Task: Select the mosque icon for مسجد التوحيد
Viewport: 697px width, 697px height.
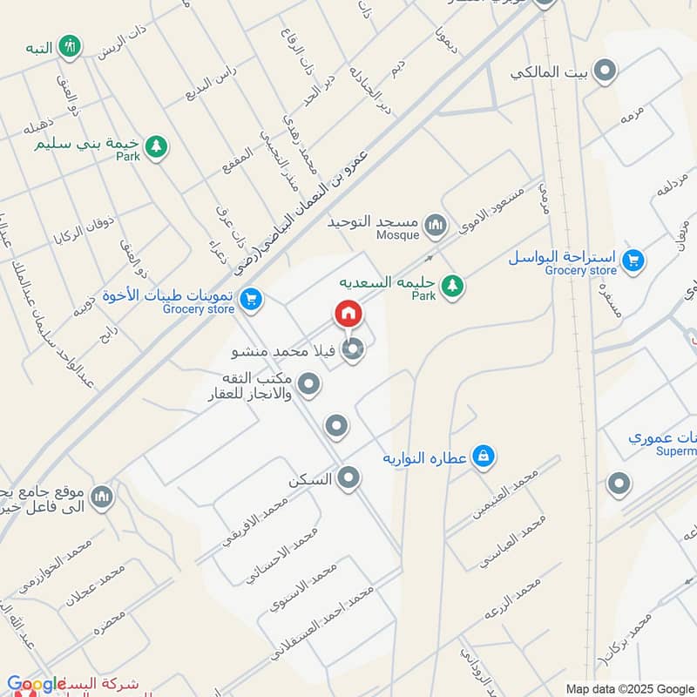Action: [435, 228]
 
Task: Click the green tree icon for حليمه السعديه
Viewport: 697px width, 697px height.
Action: [451, 285]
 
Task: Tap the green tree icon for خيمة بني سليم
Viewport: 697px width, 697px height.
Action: [155, 146]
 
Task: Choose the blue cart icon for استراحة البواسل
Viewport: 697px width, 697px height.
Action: [633, 260]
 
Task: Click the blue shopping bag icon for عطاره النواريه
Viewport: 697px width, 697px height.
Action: [484, 456]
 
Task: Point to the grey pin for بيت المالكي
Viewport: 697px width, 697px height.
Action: [603, 71]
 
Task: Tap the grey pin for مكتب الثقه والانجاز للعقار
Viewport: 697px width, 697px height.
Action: [308, 383]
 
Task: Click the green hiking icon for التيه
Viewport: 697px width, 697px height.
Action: [70, 46]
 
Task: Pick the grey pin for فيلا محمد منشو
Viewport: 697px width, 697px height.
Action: [352, 351]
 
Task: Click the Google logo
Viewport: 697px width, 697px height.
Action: [37, 685]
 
